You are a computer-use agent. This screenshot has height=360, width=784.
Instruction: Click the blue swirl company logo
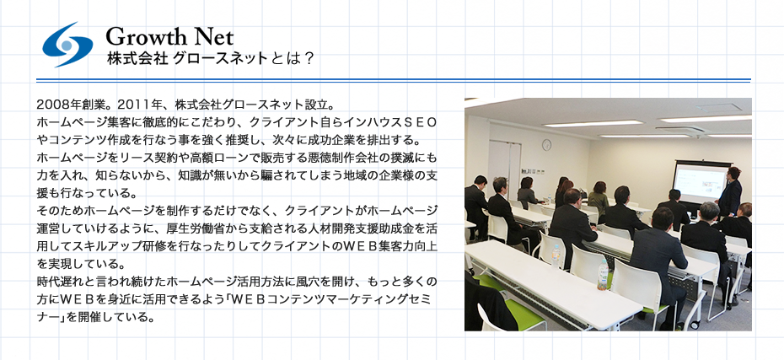tap(67, 45)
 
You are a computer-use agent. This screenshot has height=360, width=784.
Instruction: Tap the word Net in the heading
tap(213, 37)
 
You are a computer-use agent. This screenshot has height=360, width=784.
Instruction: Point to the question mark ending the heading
tap(309, 59)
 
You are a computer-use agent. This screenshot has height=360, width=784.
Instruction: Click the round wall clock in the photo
tap(546, 145)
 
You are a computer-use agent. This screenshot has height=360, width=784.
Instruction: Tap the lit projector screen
tap(701, 182)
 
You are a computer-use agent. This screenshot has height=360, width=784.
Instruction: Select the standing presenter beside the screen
tap(731, 191)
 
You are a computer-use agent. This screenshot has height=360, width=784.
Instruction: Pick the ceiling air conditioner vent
tap(680, 130)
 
